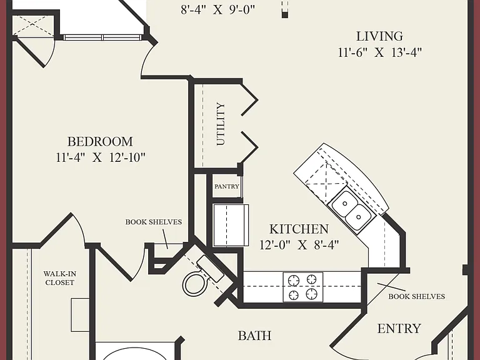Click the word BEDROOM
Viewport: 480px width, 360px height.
click(x=100, y=141)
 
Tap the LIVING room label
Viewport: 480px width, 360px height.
click(x=379, y=36)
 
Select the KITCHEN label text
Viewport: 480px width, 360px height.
click(x=299, y=229)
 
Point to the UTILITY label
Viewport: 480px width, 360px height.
click(x=221, y=124)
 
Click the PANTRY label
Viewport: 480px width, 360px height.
click(x=227, y=186)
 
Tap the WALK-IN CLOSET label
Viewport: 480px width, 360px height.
click(x=60, y=278)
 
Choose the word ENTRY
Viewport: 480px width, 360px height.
click(x=399, y=329)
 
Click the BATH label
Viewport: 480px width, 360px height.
click(x=255, y=336)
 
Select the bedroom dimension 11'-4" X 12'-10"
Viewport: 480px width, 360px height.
click(x=101, y=157)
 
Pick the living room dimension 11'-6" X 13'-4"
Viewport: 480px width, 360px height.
click(x=380, y=52)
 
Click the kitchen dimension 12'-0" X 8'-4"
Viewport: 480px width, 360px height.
click(x=299, y=244)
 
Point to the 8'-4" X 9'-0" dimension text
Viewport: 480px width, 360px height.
click(x=217, y=9)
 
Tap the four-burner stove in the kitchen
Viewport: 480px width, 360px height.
click(x=302, y=287)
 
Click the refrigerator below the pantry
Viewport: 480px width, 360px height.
click(x=231, y=225)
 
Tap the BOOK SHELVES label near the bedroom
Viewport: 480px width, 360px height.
click(x=153, y=222)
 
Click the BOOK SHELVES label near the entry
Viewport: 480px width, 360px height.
click(x=417, y=296)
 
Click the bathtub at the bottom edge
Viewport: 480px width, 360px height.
click(x=135, y=351)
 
